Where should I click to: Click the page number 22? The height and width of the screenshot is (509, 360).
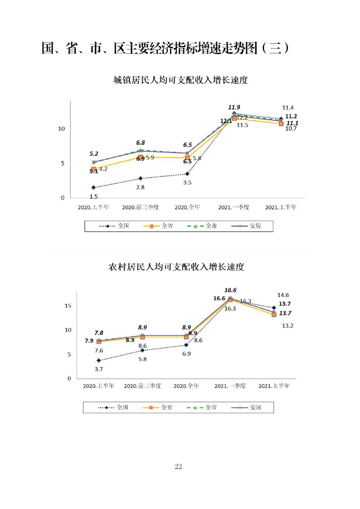click(x=178, y=467)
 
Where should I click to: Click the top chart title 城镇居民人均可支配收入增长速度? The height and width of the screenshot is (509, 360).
click(x=180, y=81)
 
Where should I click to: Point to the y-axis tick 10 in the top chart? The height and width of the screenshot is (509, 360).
click(x=62, y=129)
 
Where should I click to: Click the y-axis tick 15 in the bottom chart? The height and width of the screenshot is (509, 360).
click(x=68, y=306)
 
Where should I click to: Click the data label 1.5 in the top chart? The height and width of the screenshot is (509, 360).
click(x=94, y=196)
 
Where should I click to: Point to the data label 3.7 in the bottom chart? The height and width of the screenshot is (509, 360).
click(x=99, y=369)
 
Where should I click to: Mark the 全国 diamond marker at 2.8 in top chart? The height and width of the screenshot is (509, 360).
click(x=140, y=178)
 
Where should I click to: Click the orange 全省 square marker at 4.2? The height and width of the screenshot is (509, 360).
click(x=94, y=169)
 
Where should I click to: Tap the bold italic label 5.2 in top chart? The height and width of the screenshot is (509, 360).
click(x=94, y=154)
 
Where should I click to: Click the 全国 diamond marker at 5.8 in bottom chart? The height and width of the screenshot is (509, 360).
click(x=142, y=350)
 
